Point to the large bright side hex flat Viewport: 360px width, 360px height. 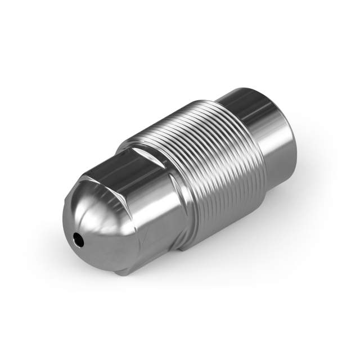point(155,208)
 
